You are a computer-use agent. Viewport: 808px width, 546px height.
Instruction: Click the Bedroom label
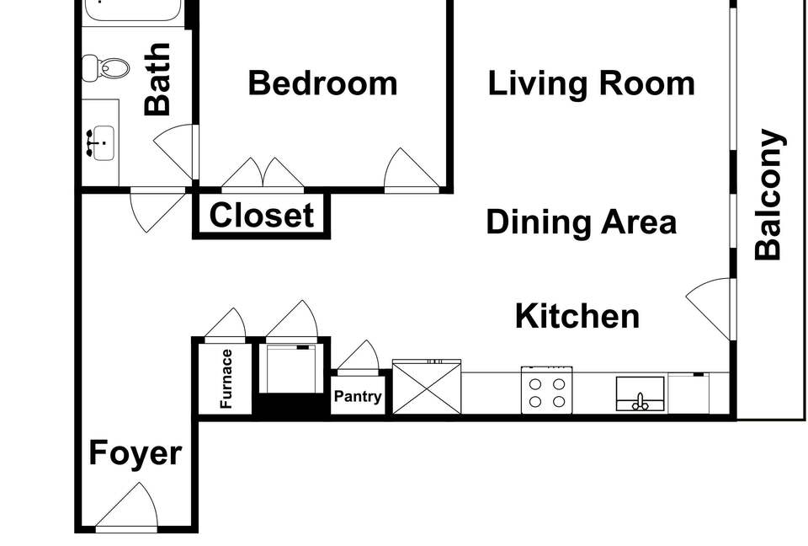(322, 83)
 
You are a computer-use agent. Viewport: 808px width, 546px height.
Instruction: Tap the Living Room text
(591, 83)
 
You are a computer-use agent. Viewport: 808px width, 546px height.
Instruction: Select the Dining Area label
(582, 222)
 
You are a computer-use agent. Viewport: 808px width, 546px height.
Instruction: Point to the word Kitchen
(577, 316)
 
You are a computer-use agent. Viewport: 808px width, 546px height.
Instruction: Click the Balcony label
(768, 194)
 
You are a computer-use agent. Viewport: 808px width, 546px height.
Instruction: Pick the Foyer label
(135, 453)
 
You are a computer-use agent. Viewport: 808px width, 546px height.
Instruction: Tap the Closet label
(262, 215)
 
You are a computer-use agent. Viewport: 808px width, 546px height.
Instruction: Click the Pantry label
(358, 396)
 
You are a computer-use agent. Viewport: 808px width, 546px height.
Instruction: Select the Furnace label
(226, 379)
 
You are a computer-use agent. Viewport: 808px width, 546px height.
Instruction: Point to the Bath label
(157, 79)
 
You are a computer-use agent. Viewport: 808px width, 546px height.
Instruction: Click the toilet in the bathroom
(106, 67)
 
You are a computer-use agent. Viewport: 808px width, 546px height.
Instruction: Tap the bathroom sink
(101, 142)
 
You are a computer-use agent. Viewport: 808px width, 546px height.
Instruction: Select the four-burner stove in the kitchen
(547, 390)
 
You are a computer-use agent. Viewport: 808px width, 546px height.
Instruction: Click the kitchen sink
(640, 393)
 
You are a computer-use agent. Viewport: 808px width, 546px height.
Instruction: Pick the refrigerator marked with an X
(427, 387)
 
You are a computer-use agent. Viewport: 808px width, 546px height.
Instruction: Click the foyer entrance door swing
(127, 506)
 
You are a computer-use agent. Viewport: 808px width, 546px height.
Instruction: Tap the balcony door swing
(709, 308)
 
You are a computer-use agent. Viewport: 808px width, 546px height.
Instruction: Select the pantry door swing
(359, 356)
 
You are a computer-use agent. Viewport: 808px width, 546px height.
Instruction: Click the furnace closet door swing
(226, 324)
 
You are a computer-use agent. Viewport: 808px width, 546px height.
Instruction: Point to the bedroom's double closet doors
(263, 173)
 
